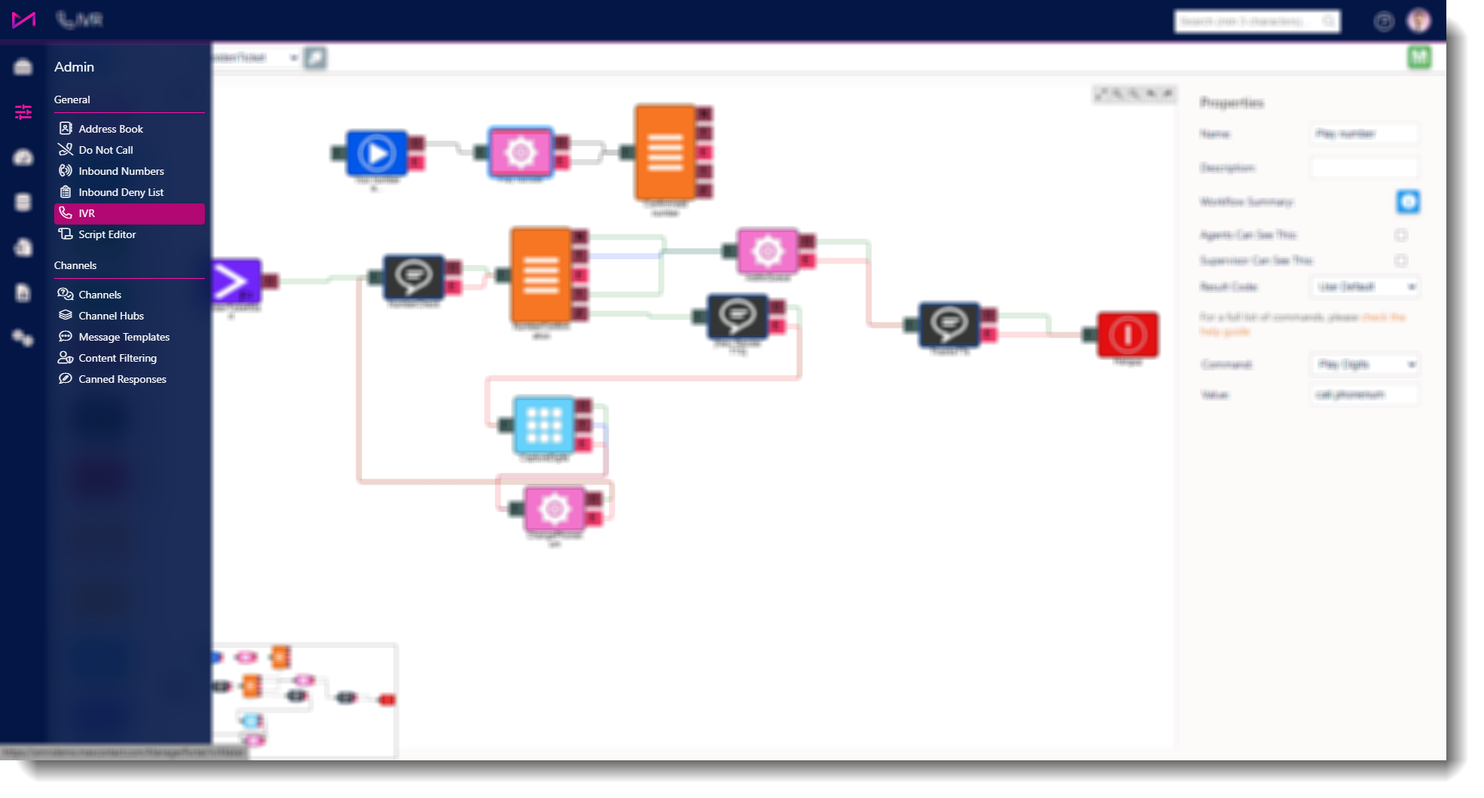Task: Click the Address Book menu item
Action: (110, 129)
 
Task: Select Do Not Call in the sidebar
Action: (105, 150)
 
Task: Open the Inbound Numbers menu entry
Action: (121, 171)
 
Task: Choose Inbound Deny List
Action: (121, 192)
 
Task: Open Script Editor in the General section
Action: (107, 234)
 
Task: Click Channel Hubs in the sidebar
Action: (111, 316)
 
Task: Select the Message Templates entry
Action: (124, 337)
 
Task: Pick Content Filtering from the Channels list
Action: (118, 358)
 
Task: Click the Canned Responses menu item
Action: (122, 379)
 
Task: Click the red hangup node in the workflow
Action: (1127, 335)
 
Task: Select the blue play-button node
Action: (377, 153)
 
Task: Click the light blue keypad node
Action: (544, 424)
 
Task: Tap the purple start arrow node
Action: (235, 282)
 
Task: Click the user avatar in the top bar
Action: (1418, 21)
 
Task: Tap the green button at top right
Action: (1419, 57)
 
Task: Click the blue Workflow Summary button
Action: (1408, 202)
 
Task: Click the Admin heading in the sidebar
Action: (74, 67)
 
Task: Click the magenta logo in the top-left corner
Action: (23, 20)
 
